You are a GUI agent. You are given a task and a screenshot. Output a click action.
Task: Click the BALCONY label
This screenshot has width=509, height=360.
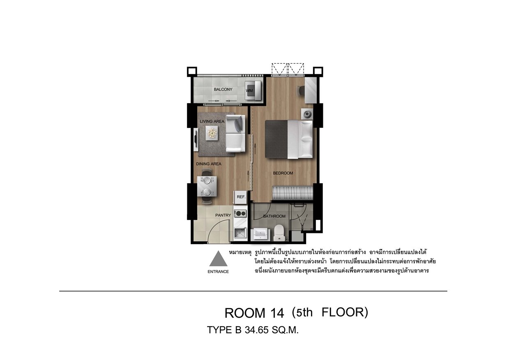pos(223,89)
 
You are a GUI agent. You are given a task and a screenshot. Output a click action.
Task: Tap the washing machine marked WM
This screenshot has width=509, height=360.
pos(253,90)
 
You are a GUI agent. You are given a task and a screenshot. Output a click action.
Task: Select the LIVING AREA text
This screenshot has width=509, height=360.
pos(212,121)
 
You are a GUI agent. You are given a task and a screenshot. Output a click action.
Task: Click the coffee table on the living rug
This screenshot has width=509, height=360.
pos(212,133)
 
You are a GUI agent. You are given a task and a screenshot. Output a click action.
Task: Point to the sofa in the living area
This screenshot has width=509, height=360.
pos(235,134)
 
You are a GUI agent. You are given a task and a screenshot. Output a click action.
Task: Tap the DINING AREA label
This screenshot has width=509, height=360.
pos(209,164)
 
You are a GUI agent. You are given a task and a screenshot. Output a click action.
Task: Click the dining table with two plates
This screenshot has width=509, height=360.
pos(48,186)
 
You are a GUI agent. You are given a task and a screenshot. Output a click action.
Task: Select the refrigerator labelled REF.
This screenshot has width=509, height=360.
pos(240,197)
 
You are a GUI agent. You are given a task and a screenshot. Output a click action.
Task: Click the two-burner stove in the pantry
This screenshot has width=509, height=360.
pos(240,213)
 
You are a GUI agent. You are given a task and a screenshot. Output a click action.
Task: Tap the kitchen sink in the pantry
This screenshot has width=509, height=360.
pos(240,233)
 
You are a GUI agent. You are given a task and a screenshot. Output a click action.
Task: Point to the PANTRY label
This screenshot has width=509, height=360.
pos(223,215)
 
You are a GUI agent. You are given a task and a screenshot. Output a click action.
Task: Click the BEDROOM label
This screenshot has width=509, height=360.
pos(283,173)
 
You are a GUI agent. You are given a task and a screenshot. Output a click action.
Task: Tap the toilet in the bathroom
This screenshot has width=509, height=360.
pos(279,233)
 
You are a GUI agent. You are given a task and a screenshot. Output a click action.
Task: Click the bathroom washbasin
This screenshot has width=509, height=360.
pos(260,235)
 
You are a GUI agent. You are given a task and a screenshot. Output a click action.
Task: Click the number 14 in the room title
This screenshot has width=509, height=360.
pos(277,313)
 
